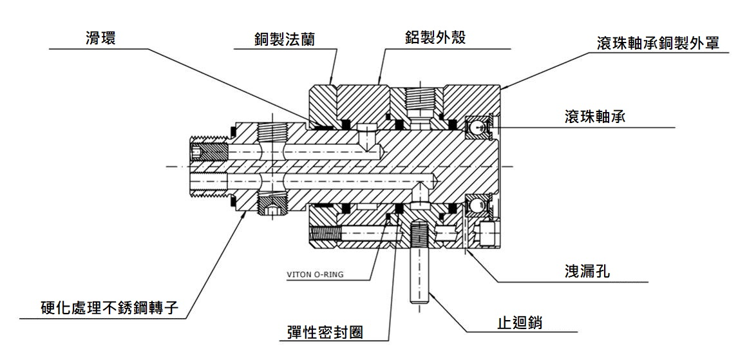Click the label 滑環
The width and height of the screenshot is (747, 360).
[100, 37]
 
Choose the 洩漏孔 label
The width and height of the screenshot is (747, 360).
[587, 272]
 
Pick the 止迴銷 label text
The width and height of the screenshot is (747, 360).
[521, 321]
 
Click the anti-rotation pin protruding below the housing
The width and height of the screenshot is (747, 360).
[418, 264]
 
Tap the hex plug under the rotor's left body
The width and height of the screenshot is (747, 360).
[270, 211]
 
